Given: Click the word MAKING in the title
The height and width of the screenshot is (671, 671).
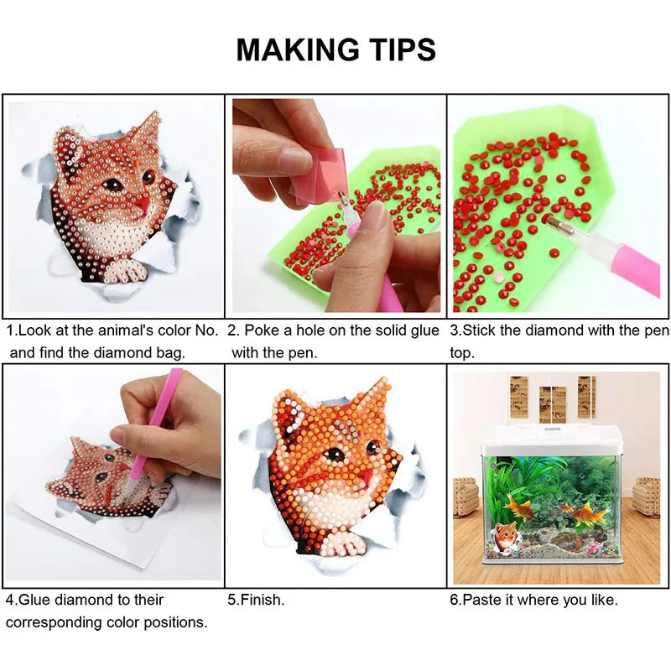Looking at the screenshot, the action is (298, 49).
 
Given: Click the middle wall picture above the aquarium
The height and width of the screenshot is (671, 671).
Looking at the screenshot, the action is (552, 403).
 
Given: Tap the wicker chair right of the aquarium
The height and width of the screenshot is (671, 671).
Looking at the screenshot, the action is (646, 496).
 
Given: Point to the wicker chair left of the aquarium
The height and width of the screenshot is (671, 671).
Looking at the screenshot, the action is (466, 496).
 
